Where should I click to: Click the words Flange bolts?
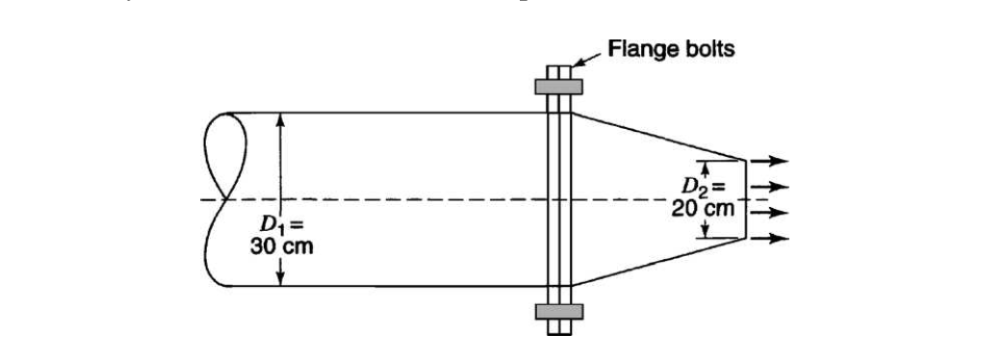tap(672, 47)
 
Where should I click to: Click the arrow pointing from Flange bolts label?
tap(588, 61)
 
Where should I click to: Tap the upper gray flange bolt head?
tap(557, 86)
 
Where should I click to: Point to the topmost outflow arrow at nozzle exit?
tap(769, 161)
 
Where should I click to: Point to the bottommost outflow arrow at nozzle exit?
tap(769, 238)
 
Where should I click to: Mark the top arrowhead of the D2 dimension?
tap(705, 166)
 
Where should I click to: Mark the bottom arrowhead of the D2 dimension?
tap(705, 232)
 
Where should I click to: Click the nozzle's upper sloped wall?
tap(659, 136)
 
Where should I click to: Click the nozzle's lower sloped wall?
tap(659, 262)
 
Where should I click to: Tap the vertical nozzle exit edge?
tap(747, 198)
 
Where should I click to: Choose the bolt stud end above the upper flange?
tap(557, 72)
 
